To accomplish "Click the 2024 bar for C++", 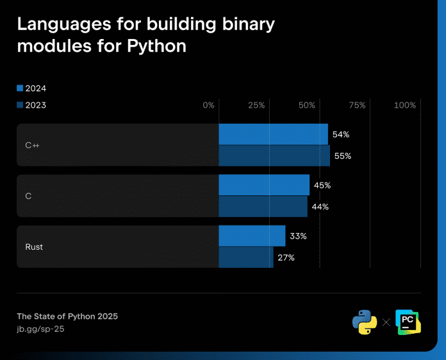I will click(273, 135).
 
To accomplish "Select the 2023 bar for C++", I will click(274, 156).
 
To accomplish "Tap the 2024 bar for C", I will click(264, 185).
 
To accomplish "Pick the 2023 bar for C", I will click(263, 206).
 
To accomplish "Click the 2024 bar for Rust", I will click(252, 236).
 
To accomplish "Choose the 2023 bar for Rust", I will click(246, 258).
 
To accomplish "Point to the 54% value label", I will click(341, 135).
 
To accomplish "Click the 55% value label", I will click(343, 156).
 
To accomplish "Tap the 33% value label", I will click(298, 236).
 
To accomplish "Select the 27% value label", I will click(286, 258).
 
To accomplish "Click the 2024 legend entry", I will click(31, 88).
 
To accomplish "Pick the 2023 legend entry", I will click(31, 105).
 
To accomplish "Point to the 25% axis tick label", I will click(256, 105).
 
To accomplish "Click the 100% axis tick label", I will click(405, 105).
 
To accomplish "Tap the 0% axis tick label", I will click(208, 105).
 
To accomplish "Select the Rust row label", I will click(34, 247).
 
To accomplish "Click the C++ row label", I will click(33, 145).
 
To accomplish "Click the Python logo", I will click(365, 322).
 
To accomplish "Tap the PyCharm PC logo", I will click(408, 322).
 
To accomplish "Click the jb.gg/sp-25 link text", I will click(40, 329).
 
